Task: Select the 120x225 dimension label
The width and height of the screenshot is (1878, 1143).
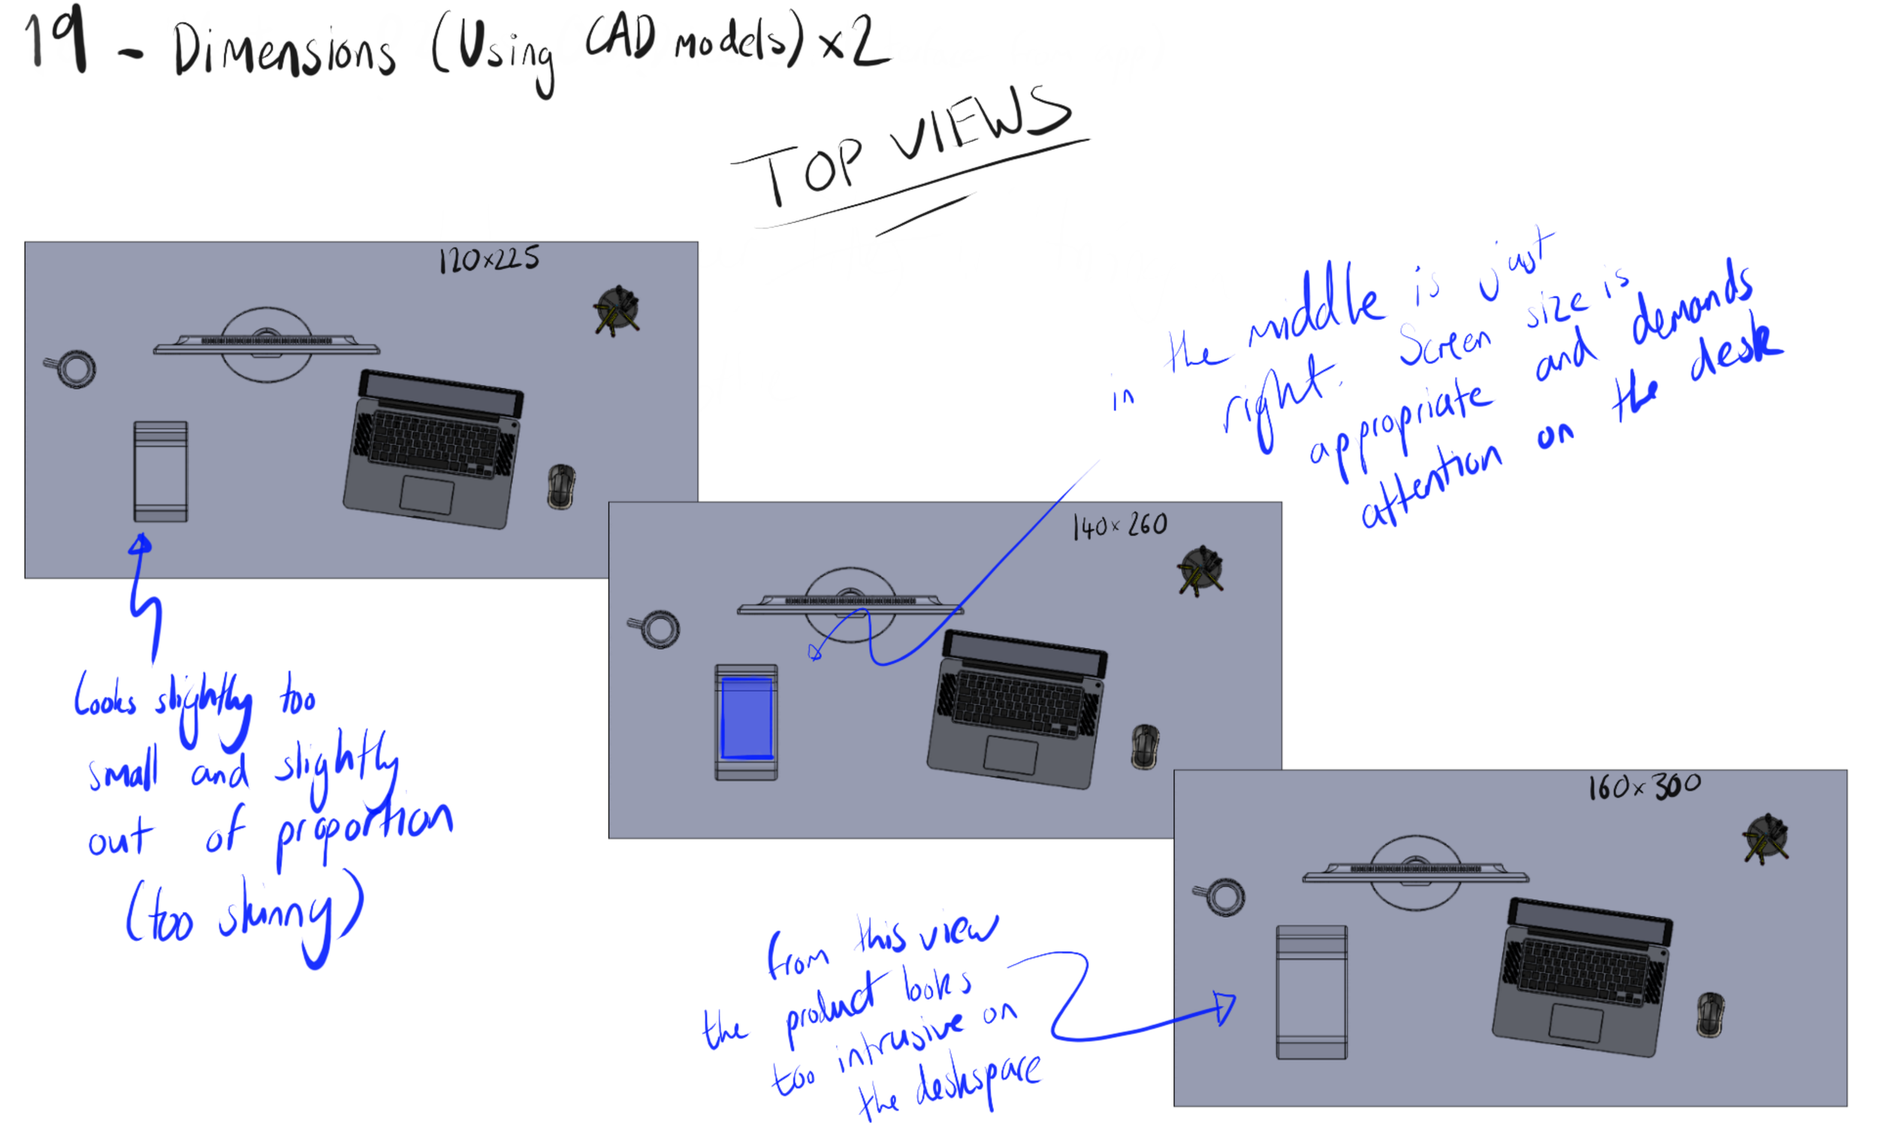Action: (488, 260)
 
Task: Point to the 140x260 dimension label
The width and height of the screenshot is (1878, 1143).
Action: (1119, 525)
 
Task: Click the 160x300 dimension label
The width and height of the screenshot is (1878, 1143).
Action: (1644, 787)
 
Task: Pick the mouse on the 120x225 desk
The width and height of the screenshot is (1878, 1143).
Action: (561, 486)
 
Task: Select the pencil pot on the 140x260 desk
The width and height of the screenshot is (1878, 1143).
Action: (1200, 569)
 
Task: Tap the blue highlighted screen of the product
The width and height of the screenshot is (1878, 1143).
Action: (747, 718)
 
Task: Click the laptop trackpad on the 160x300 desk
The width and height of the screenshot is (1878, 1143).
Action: (1576, 1023)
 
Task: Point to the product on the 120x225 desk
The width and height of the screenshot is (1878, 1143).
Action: (160, 471)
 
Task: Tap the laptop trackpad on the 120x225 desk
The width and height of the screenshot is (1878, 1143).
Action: (427, 496)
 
